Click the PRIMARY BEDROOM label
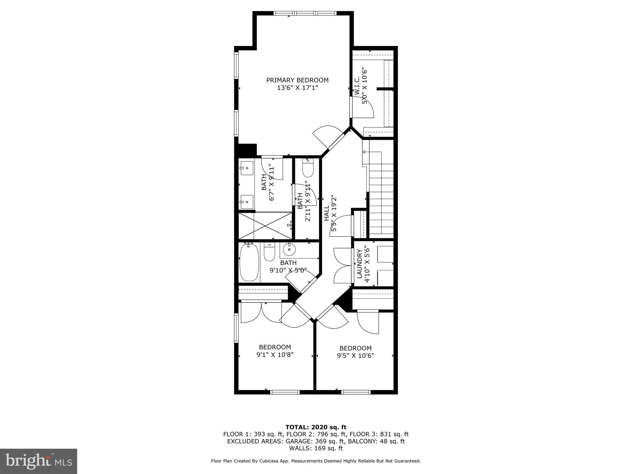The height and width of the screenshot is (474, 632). [297, 80]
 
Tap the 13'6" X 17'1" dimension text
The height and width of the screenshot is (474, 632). [297, 88]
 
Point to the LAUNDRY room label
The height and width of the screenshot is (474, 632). [360, 264]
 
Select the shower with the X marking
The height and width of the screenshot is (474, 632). [265, 226]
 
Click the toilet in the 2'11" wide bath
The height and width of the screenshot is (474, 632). [308, 168]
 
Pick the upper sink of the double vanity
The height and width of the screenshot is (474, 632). [247, 168]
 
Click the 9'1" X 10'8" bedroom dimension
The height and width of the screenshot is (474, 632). [275, 355]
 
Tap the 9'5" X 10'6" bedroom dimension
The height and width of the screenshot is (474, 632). [355, 356]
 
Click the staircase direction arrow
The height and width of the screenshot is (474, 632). [364, 152]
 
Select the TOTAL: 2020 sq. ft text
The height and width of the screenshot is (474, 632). [316, 427]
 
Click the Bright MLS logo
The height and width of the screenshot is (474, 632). [39, 461]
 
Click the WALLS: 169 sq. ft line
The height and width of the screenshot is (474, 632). [316, 448]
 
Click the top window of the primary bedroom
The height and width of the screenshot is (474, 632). [305, 13]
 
